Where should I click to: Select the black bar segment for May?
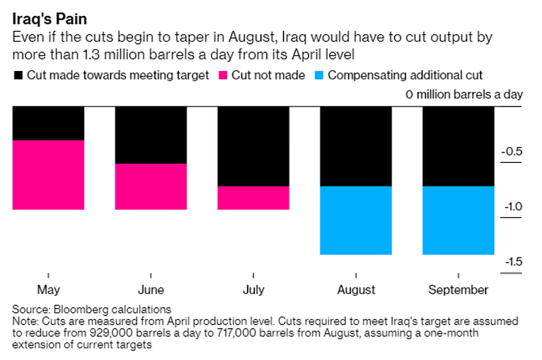click(x=49, y=123)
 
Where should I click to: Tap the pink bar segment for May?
click(x=49, y=175)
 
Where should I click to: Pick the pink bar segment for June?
click(x=151, y=187)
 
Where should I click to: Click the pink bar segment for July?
click(x=253, y=198)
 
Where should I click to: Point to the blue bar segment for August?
click(x=356, y=221)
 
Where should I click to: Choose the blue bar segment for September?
click(x=459, y=221)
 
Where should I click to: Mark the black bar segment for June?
click(x=151, y=135)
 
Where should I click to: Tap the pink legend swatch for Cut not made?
click(x=224, y=75)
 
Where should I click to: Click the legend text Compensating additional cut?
click(x=405, y=75)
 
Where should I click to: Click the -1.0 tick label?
click(x=513, y=207)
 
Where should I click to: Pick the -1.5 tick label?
click(x=513, y=262)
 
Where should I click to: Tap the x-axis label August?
click(x=356, y=290)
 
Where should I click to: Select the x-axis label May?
click(x=49, y=290)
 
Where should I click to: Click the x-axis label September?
click(x=459, y=290)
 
